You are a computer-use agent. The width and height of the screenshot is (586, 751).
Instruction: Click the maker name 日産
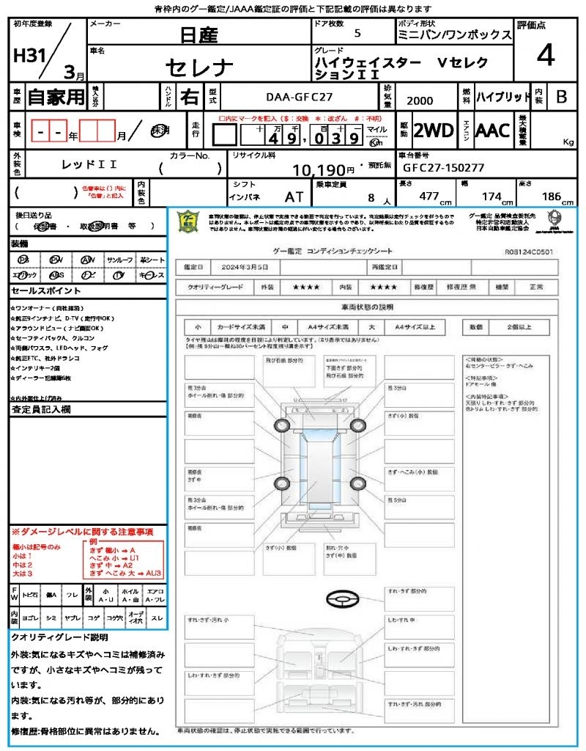point(199,34)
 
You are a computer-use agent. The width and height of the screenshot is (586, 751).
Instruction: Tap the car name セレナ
point(199,67)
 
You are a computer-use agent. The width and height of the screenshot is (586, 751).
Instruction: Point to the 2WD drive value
point(433,131)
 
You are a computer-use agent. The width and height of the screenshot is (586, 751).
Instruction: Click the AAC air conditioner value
point(493,131)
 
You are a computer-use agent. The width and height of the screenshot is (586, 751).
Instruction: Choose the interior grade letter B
point(561,97)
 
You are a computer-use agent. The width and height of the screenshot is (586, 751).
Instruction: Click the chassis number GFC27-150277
point(443,167)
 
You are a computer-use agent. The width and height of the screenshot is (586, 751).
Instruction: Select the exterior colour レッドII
point(89,166)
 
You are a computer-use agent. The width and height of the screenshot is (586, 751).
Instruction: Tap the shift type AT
point(294,197)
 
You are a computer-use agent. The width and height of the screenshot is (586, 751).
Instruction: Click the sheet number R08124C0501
point(530,251)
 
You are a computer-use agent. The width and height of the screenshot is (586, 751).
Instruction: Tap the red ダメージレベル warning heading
point(82,531)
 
